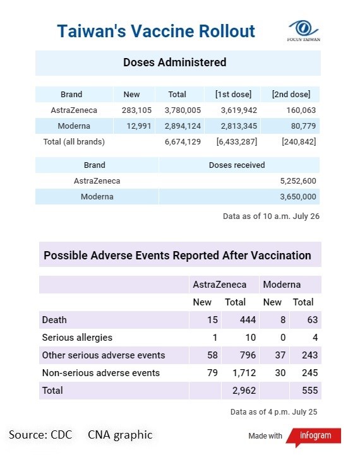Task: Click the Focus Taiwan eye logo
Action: tap(304, 30)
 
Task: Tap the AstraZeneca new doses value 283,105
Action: tap(136, 110)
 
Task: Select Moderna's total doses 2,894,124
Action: tap(183, 126)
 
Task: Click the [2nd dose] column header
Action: tap(291, 94)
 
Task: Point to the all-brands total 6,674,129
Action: tap(183, 141)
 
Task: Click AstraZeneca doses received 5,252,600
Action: tap(298, 180)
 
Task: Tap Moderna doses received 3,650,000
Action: tap(298, 196)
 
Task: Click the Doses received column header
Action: tap(237, 165)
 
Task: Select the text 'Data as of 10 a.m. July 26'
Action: tap(271, 216)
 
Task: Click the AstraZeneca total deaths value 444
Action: tap(248, 320)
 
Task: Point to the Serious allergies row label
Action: tap(77, 338)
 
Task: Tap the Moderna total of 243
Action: tap(309, 355)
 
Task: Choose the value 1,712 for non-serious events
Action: tap(244, 373)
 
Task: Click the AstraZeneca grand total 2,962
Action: tap(244, 391)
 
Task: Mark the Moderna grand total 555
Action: tap(309, 391)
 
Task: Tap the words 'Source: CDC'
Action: tap(40, 435)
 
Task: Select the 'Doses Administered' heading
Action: tap(174, 62)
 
